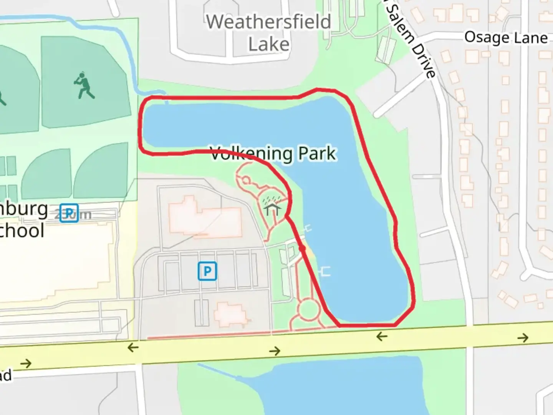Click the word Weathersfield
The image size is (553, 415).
(268, 22)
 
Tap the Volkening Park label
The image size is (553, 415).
(273, 154)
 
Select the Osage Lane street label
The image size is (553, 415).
(506, 38)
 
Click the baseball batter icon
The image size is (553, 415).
(84, 85)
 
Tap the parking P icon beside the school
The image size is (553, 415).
(69, 213)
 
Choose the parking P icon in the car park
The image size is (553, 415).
(207, 271)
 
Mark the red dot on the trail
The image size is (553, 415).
(302, 249)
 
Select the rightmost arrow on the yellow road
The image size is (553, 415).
(523, 338)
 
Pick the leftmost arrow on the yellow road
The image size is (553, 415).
(26, 363)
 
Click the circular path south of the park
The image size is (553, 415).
(309, 309)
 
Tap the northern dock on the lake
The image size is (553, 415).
(308, 229)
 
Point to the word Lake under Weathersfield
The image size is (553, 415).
(269, 44)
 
